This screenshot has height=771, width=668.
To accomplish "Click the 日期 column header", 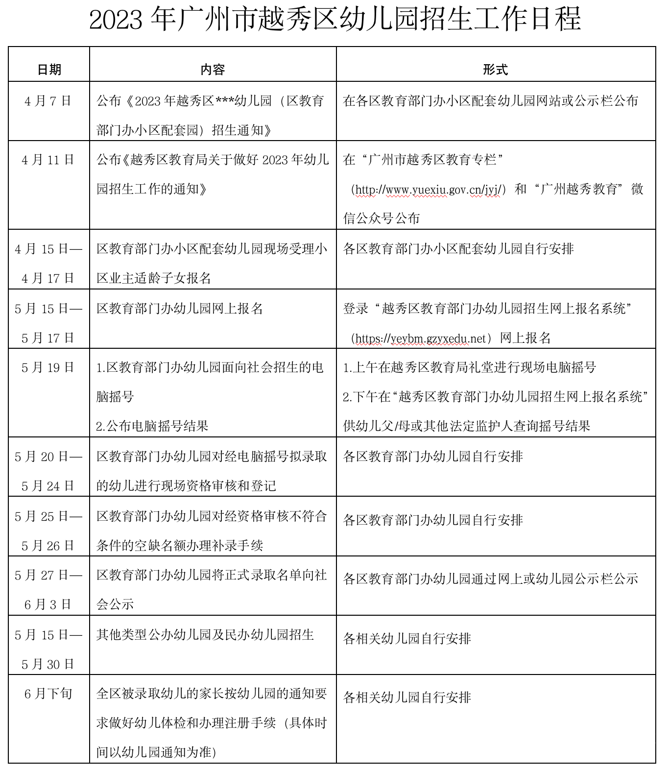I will click(49, 70).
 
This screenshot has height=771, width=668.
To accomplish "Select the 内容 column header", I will click(213, 70).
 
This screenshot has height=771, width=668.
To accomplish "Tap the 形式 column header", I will click(495, 70).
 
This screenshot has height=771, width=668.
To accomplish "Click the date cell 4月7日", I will click(48, 101).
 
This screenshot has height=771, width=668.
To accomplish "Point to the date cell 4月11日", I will click(48, 160).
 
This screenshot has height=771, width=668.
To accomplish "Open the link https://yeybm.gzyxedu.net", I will click(421, 338).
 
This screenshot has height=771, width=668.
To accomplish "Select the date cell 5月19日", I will click(48, 367).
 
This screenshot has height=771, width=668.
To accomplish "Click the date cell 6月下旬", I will click(48, 694).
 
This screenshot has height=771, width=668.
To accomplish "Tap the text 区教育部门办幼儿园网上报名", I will click(180, 309).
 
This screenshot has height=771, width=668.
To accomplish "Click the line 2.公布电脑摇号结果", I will click(152, 426).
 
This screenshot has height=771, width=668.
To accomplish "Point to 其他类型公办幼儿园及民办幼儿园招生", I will click(205, 635).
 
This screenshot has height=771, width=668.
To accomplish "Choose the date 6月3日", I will click(48, 604).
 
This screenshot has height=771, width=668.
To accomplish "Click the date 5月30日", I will click(48, 664).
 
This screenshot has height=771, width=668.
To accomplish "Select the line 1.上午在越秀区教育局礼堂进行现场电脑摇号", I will click(469, 367).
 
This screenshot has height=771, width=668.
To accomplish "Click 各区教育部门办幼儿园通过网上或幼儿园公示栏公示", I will click(490, 579).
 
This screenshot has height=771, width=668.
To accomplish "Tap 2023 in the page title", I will click(116, 20).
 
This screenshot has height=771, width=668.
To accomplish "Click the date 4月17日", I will click(48, 278).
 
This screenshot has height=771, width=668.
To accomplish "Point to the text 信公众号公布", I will click(382, 218).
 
